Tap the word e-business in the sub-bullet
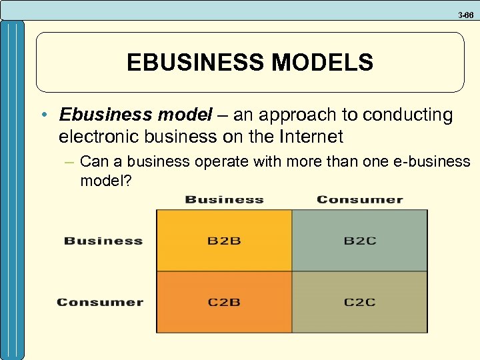(437, 162)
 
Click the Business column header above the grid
(224, 199)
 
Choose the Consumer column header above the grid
(359, 199)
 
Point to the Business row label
(103, 241)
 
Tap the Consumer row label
(100, 302)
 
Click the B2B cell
(224, 241)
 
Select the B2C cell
(359, 241)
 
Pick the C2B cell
(224, 302)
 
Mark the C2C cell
(359, 302)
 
